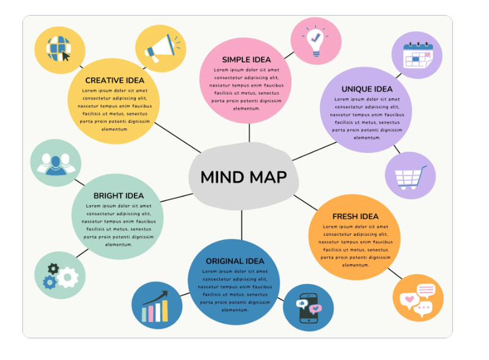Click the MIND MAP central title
[x=243, y=177]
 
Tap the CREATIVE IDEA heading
[x=115, y=81]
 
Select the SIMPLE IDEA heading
[x=246, y=59]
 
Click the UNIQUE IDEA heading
[x=367, y=89]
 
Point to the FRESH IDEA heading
[x=355, y=216]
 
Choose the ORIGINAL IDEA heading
[x=235, y=262]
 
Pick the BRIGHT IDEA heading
[x=119, y=196]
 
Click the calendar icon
[x=417, y=55]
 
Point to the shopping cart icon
[x=410, y=176]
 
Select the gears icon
[x=59, y=276]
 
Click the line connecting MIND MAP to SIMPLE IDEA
[x=249, y=133]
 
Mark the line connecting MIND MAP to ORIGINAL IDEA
[x=242, y=225]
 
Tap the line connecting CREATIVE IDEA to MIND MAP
[x=177, y=138]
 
